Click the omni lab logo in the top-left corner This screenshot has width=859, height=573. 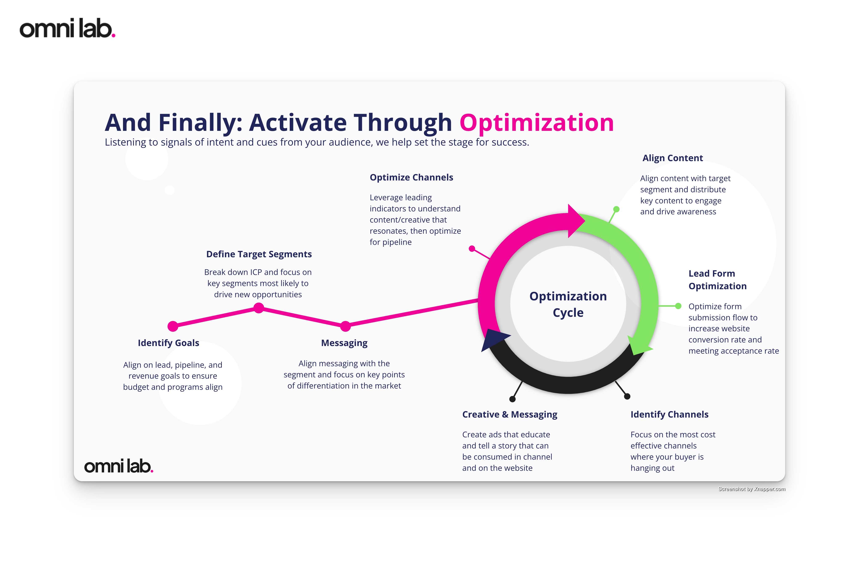pyautogui.click(x=67, y=29)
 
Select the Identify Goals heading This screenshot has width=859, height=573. pyautogui.click(x=168, y=343)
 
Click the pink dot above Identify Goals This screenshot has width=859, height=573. pyautogui.click(x=173, y=326)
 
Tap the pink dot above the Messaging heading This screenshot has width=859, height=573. pyautogui.click(x=345, y=326)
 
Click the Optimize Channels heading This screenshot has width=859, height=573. pyautogui.click(x=411, y=178)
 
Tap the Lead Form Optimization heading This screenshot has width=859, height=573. pyautogui.click(x=717, y=280)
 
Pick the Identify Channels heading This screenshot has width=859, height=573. pyautogui.click(x=669, y=414)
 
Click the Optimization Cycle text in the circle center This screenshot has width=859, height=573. pyautogui.click(x=568, y=304)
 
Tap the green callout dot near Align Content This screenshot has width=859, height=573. pyautogui.click(x=616, y=209)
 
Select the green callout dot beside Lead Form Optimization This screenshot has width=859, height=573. pyautogui.click(x=678, y=306)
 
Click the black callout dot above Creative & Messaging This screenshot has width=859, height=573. pyautogui.click(x=512, y=399)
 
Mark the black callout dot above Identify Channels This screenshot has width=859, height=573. pyautogui.click(x=627, y=396)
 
